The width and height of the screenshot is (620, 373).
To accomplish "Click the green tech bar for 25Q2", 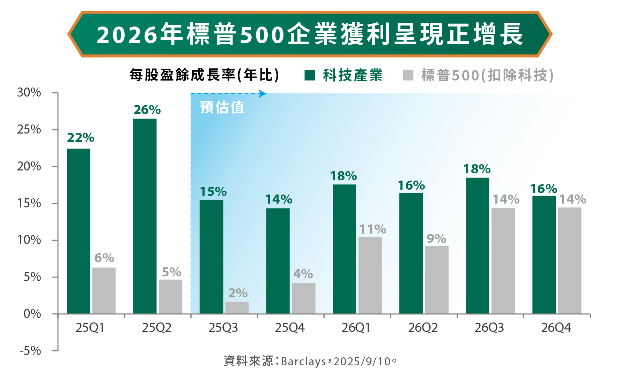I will [x=145, y=216].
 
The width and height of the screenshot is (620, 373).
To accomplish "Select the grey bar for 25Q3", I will [x=237, y=308].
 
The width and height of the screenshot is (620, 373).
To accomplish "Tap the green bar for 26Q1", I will [x=344, y=249].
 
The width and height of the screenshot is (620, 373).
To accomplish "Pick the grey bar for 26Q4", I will [x=569, y=260].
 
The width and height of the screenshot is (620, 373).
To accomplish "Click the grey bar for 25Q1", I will [x=104, y=290].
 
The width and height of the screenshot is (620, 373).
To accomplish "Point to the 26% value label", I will [x=147, y=110].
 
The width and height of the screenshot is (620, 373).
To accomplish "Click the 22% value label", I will [x=81, y=138].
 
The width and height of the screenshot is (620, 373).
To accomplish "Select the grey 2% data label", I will [x=238, y=293].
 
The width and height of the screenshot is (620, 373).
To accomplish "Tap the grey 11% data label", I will [x=372, y=229].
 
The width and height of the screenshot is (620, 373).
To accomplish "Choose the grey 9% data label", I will [x=436, y=239].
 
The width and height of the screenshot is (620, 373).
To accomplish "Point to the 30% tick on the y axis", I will [x=29, y=93].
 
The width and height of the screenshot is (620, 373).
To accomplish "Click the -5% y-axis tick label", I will [x=30, y=351].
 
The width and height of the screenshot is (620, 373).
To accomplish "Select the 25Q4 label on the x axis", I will [x=290, y=328].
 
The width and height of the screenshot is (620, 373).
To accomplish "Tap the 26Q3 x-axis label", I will [x=489, y=328].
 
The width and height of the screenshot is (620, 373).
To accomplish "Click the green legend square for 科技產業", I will [x=310, y=75].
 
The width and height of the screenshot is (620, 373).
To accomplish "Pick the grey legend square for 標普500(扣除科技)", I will [x=408, y=75].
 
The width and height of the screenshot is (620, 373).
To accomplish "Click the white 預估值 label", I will [x=222, y=107].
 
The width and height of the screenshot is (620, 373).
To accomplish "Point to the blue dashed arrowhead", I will [x=263, y=93].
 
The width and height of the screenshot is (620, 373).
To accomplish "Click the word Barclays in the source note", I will [x=303, y=361].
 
